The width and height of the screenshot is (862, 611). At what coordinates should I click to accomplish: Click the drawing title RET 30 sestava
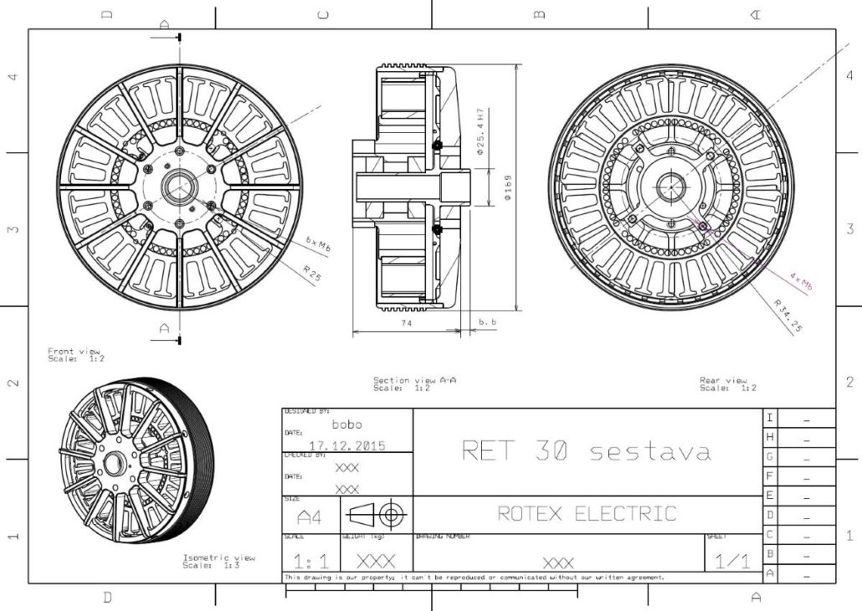(587, 451)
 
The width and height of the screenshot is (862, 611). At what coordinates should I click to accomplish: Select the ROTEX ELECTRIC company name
(587, 513)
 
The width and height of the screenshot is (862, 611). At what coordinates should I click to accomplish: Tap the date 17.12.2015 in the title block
(347, 446)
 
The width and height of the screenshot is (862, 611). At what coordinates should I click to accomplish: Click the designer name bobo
(347, 424)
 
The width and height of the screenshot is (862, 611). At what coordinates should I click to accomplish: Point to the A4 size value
(309, 515)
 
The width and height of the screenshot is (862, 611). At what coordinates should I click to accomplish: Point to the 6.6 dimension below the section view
(488, 322)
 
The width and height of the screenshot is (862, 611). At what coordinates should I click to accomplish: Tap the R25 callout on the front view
(312, 274)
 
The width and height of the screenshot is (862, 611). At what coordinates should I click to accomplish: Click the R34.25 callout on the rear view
(788, 316)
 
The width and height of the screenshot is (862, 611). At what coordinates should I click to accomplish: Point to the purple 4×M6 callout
(801, 280)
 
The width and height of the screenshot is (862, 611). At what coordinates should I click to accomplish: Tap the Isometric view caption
(219, 561)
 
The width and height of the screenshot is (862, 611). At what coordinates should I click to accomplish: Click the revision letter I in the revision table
(770, 417)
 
